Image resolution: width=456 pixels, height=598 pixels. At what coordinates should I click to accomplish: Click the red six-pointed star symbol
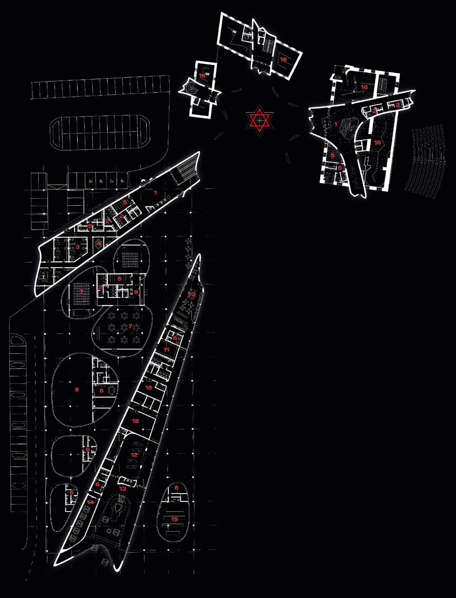260,120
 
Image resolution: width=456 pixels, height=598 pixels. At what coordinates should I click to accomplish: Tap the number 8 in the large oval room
77,390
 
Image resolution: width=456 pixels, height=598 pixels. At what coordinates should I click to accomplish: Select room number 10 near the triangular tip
191,294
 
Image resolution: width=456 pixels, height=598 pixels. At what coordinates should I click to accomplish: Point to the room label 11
166,349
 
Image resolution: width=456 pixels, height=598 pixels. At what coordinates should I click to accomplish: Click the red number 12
134,455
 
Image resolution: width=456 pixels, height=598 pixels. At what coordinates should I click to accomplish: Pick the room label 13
122,488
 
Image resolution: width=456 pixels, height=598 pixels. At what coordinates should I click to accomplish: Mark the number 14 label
90,502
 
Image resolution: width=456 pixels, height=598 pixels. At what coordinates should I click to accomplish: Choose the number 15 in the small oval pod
174,519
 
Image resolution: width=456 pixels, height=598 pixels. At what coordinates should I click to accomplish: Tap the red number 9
136,292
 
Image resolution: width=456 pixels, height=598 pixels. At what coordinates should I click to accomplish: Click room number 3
78,247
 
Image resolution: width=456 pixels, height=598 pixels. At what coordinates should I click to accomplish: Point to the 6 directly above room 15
177,487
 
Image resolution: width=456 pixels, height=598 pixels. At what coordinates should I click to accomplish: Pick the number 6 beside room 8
102,391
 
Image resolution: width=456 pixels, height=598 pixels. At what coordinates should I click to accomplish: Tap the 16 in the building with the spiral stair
202,76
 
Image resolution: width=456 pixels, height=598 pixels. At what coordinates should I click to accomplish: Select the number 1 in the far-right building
336,124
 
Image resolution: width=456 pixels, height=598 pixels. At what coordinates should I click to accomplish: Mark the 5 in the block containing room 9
119,278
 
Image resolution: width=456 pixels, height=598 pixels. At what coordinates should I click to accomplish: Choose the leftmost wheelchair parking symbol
91,181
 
